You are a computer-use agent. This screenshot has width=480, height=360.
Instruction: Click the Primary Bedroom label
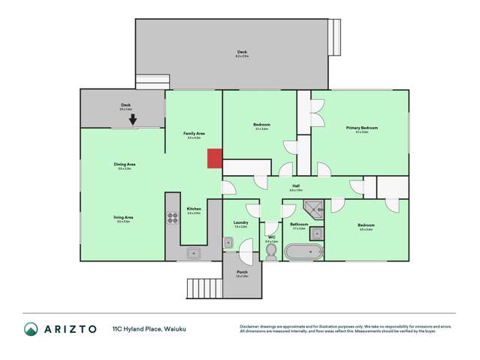pyautogui.click(x=361, y=128)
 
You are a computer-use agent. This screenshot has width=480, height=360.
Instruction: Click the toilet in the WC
pyautogui.click(x=271, y=251)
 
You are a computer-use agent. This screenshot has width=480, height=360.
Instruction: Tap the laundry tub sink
pyautogui.click(x=228, y=243)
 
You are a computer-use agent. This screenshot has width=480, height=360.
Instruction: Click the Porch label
pyautogui.click(x=242, y=272)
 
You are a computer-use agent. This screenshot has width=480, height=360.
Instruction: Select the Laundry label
pyautogui.click(x=241, y=222)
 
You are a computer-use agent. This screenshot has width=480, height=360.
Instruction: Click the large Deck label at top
pyautogui.click(x=241, y=53)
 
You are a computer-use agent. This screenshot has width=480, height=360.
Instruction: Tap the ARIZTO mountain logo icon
pyautogui.click(x=32, y=328)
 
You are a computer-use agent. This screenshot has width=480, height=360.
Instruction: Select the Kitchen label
pyautogui.click(x=194, y=209)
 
